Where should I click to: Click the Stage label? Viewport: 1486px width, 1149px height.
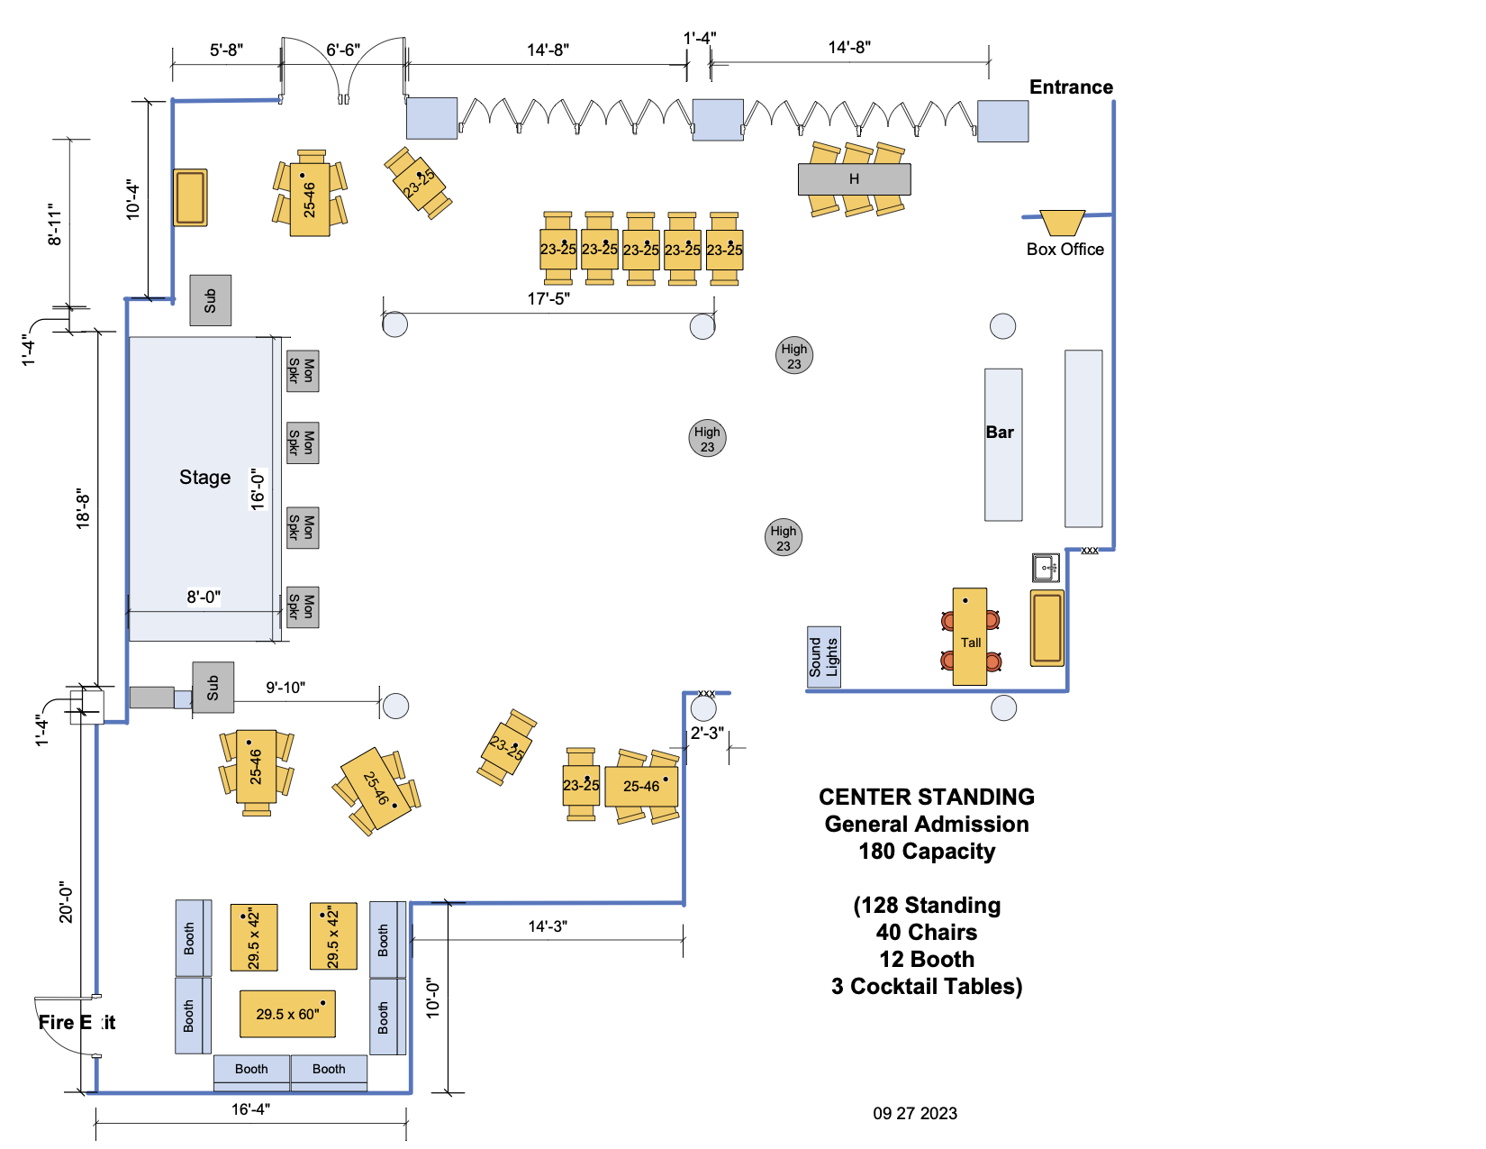(x=204, y=478)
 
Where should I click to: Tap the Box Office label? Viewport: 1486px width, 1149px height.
(x=1065, y=250)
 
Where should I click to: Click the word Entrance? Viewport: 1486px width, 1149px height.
(x=1071, y=87)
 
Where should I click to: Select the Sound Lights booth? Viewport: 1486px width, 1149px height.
(x=823, y=657)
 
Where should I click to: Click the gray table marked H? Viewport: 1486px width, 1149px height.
(x=854, y=179)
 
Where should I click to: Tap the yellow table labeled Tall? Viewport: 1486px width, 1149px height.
(x=970, y=636)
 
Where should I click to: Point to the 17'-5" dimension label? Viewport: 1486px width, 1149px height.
(x=548, y=298)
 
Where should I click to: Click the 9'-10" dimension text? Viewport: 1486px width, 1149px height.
(x=285, y=688)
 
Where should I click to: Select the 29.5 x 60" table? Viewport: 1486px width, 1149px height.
(x=287, y=1014)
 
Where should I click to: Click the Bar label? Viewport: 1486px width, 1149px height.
(x=1000, y=433)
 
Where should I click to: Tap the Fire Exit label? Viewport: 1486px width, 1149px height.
(x=77, y=1023)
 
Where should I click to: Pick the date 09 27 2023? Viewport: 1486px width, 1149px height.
(x=915, y=1114)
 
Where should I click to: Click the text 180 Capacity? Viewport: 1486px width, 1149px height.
(x=927, y=852)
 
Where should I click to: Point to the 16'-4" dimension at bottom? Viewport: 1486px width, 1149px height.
(x=250, y=1109)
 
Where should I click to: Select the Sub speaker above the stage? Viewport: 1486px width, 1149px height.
(x=210, y=300)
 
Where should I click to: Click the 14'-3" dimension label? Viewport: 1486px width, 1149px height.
(x=548, y=926)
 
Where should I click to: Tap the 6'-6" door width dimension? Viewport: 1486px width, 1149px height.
(x=342, y=50)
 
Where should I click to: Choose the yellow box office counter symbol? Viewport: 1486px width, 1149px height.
(x=1062, y=222)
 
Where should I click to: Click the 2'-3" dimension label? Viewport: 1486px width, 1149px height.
(x=707, y=734)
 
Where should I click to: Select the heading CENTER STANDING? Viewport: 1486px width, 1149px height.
(x=927, y=798)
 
